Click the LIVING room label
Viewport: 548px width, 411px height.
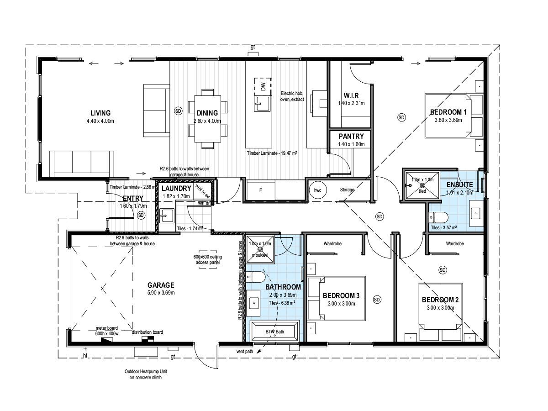(x=100, y=113)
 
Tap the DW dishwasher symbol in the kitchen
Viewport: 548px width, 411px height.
(x=263, y=86)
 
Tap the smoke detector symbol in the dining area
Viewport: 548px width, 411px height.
(x=178, y=111)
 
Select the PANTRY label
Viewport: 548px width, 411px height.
(x=351, y=136)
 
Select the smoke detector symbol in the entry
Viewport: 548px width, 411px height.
(x=141, y=215)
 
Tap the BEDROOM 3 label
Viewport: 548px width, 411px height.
(x=341, y=295)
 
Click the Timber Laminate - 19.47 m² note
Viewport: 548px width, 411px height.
(x=272, y=154)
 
